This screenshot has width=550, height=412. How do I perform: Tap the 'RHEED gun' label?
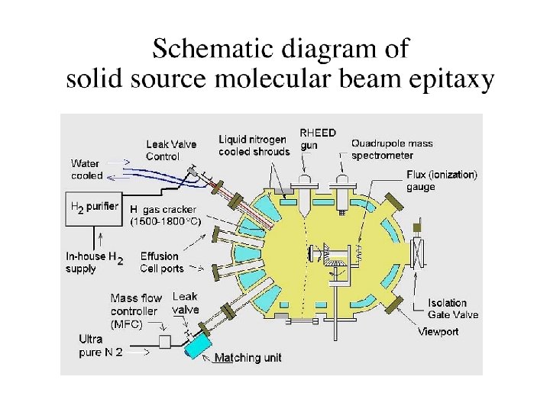(316, 139)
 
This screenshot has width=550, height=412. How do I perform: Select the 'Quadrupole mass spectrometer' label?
(392, 149)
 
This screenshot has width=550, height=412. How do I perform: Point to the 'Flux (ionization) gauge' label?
(442, 180)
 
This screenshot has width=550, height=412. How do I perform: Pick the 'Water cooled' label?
(87, 169)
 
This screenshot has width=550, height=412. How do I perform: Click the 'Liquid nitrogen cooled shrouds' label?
(254, 145)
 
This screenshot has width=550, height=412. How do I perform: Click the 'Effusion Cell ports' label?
(161, 262)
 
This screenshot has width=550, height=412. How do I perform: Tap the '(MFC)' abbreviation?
(127, 323)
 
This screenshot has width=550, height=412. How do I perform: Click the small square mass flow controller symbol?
(163, 341)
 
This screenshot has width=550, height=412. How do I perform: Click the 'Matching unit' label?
(247, 358)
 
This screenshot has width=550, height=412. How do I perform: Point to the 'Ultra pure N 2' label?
(101, 346)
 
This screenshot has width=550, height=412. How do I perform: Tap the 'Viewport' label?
(438, 332)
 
